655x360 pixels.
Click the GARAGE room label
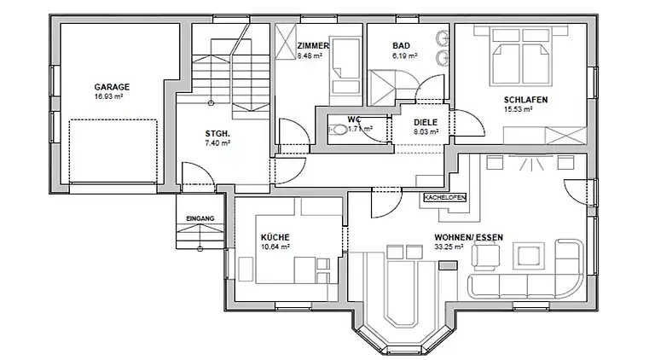click(x=112, y=87)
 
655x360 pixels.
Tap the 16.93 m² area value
click(x=112, y=96)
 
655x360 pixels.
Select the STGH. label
click(x=217, y=134)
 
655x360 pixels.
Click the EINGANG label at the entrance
click(x=200, y=218)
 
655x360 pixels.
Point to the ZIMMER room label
click(x=313, y=46)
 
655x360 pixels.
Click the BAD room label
click(x=401, y=46)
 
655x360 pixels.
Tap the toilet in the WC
click(x=339, y=130)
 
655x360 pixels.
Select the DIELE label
click(x=426, y=122)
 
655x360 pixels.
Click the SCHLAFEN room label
click(x=525, y=100)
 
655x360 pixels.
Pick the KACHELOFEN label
click(x=443, y=197)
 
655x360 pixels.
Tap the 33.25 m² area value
click(x=449, y=247)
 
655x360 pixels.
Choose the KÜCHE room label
click(x=276, y=237)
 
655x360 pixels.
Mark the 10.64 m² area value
click(x=276, y=247)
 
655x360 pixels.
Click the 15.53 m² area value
click(x=519, y=109)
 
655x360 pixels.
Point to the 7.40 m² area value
click(x=217, y=143)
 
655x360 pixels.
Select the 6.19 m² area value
click(x=403, y=55)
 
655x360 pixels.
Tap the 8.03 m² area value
click(x=426, y=131)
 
